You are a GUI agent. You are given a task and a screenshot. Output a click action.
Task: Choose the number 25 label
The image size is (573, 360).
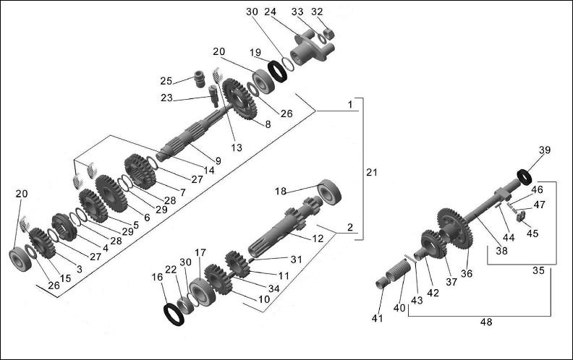(x=165, y=80)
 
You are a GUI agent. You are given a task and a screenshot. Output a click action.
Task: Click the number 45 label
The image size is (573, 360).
(x=532, y=233)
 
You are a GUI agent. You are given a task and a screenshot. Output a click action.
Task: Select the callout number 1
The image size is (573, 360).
(x=350, y=105)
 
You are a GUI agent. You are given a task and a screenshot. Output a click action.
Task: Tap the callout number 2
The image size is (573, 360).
(x=349, y=228)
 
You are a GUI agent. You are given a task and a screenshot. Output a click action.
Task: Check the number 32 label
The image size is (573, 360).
(x=316, y=12)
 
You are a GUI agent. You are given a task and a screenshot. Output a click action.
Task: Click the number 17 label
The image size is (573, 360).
(x=200, y=253)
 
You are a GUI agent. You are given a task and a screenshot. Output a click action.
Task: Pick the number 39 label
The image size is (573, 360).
(x=544, y=150)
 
